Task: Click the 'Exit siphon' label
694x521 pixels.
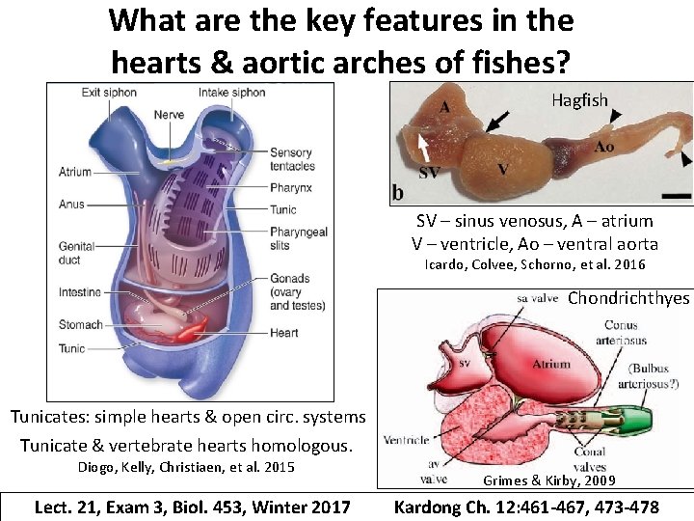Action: point(108,93)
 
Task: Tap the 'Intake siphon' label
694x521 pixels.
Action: point(231,93)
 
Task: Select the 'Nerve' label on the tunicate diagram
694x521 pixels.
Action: point(169,115)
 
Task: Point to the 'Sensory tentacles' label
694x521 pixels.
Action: point(292,159)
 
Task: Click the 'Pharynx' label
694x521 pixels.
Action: point(291,187)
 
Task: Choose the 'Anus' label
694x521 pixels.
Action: point(71,205)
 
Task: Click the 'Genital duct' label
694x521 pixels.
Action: point(76,253)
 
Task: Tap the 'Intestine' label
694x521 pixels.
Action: point(79,292)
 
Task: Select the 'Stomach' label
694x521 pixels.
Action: point(80,324)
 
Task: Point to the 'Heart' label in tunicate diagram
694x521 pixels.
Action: point(284,333)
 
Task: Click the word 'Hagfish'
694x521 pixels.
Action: point(580,99)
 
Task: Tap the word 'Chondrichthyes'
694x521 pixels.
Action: point(628,298)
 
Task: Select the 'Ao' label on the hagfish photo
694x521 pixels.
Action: point(604,147)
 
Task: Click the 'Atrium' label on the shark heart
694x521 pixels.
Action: point(551,364)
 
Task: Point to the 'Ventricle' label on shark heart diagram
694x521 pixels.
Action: point(406,440)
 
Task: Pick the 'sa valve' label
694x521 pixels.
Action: point(538,299)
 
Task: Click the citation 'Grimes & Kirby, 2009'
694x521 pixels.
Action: point(549,480)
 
